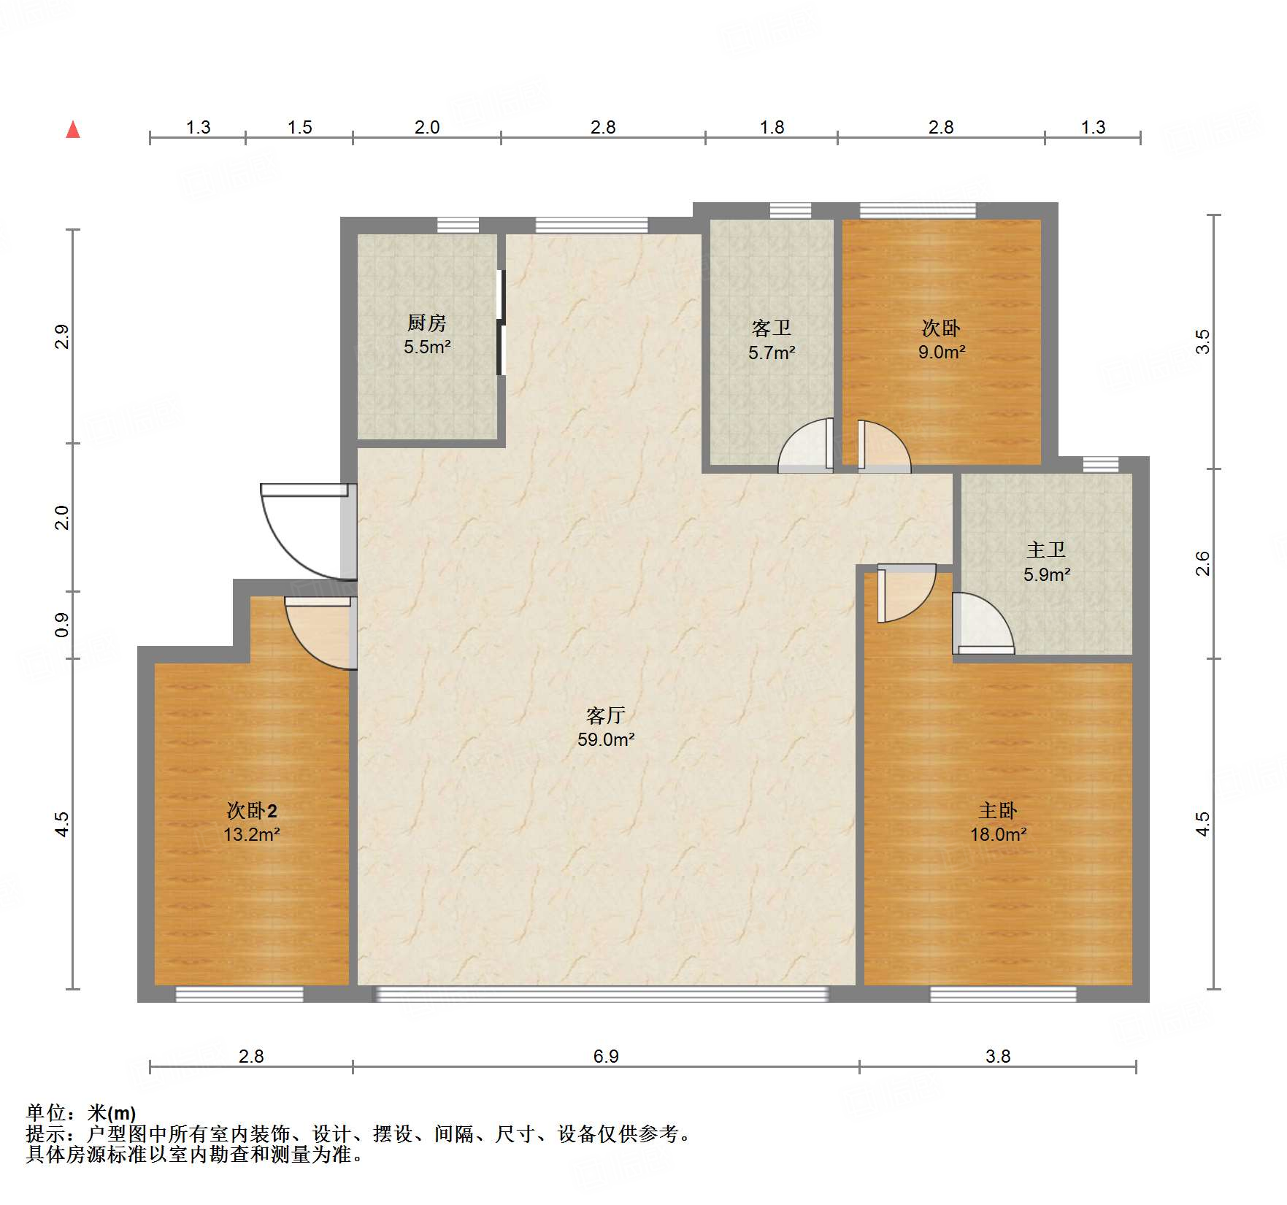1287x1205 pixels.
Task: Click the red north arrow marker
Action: tap(73, 129)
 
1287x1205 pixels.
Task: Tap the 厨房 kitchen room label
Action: tap(427, 322)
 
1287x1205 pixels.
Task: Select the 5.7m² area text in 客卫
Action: tap(772, 353)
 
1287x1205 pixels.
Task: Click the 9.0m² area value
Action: tap(942, 353)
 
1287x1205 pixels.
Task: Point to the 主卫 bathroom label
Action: tap(1046, 550)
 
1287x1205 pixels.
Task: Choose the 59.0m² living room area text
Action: tap(606, 739)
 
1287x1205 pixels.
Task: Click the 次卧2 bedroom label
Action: tap(252, 811)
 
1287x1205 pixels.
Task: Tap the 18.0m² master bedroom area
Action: tap(999, 834)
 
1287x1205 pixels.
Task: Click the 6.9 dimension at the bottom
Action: tap(606, 1056)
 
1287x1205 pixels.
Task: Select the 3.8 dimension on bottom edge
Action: tap(998, 1056)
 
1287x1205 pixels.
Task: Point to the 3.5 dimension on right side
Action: tap(1202, 342)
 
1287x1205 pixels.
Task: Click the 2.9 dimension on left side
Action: tap(62, 336)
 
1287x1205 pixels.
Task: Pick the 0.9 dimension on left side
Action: tap(62, 625)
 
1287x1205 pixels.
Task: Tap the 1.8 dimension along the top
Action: tap(772, 127)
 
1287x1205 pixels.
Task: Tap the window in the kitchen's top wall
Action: tap(458, 226)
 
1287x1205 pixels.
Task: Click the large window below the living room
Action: tap(602, 994)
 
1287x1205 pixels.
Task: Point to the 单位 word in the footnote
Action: tap(46, 1113)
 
